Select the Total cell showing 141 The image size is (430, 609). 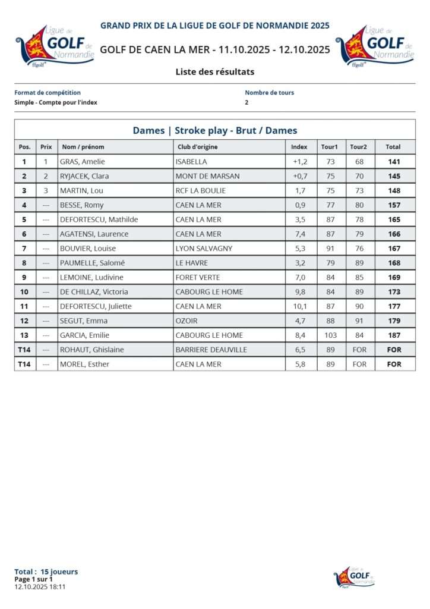point(393,162)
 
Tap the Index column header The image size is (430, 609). point(299,147)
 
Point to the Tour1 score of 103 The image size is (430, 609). point(331,335)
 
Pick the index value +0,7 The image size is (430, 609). point(300,176)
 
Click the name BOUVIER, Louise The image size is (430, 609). point(88,249)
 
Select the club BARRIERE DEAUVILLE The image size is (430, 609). point(211,350)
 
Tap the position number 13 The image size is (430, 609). point(24,335)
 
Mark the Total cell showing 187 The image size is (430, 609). point(393,335)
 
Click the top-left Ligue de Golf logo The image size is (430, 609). point(55,46)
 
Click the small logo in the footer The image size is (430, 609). point(355,576)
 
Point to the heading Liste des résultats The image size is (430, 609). point(215,72)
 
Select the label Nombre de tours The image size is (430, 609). point(269,93)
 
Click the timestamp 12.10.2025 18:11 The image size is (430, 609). point(40,586)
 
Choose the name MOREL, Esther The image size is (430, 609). point(84,364)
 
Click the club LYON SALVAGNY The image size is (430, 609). point(204,249)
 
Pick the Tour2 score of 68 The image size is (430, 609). point(359,162)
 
